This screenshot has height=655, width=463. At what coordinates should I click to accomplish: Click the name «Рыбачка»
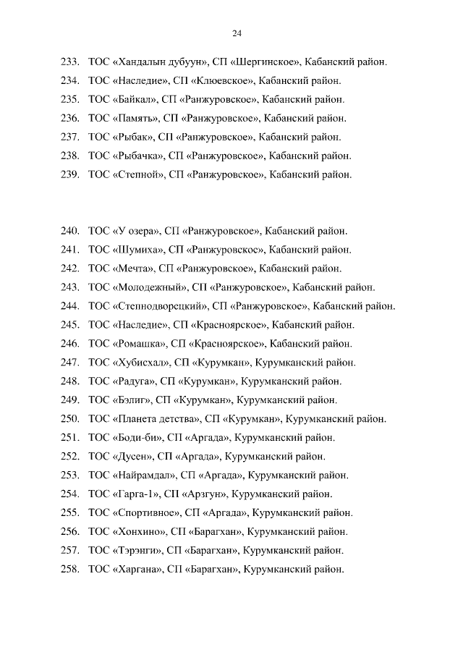coord(139,156)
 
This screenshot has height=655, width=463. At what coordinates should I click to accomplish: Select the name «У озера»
coord(136,232)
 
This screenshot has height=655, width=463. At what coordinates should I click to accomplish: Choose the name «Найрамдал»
coord(145,476)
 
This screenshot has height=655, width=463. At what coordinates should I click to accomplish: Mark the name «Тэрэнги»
coord(139,551)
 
